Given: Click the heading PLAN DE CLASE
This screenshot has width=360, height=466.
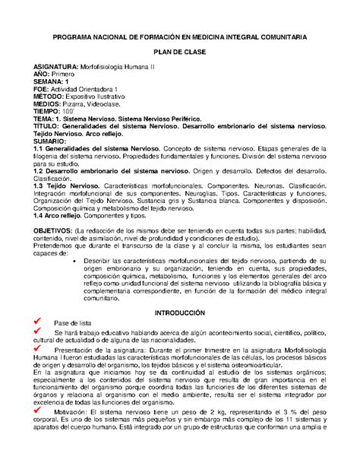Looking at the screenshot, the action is (180, 51).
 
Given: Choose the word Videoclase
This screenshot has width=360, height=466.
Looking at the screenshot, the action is (112, 104).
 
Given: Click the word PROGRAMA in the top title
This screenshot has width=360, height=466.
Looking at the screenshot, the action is (74, 36).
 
